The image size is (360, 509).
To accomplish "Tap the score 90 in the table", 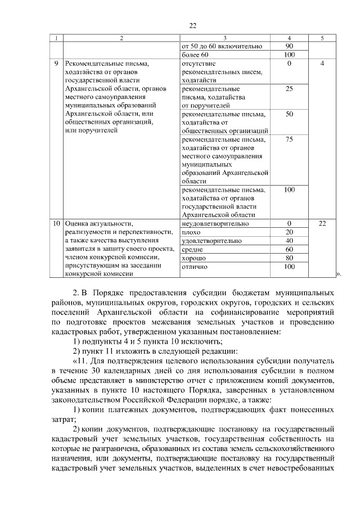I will pyautogui.click(x=289, y=46).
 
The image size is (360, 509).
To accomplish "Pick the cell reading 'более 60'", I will pyautogui.click(x=195, y=55).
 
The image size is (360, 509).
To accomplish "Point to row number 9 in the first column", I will pyautogui.click(x=56, y=64).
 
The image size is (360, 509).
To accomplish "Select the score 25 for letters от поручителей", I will pyautogui.click(x=289, y=89).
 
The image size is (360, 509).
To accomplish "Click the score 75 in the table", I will pyautogui.click(x=289, y=139).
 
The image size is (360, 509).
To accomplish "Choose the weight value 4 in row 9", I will pyautogui.click(x=322, y=64).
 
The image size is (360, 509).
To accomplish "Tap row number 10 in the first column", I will pyautogui.click(x=56, y=223).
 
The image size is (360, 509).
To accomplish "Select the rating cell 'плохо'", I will pyautogui.click(x=191, y=232).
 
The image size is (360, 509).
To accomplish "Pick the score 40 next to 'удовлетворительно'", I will pyautogui.click(x=289, y=240).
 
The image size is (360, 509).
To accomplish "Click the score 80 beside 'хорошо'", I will pyautogui.click(x=289, y=258).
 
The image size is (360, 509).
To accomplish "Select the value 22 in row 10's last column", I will pyautogui.click(x=322, y=223).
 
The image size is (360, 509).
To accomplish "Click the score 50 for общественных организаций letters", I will pyautogui.click(x=289, y=114).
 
